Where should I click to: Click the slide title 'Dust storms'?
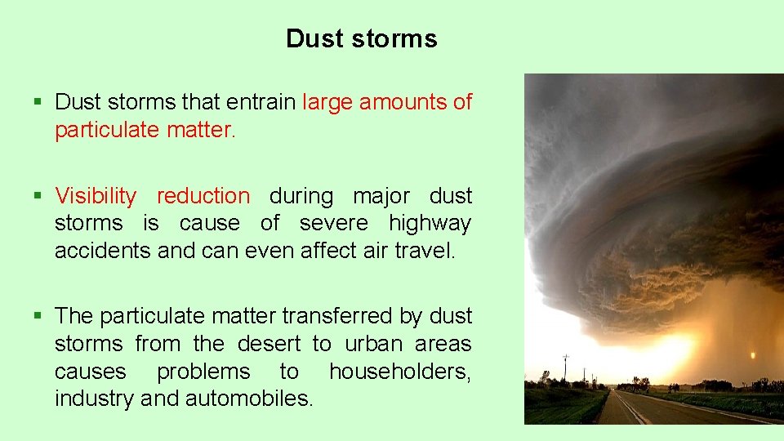pos(361,38)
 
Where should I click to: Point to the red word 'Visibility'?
pos(96,196)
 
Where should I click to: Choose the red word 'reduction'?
pos(203,196)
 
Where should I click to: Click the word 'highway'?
pos(430,223)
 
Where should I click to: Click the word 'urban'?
pos(373,344)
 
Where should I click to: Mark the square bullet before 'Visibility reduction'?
pos(38,197)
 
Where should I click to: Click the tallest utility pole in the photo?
pos(565,367)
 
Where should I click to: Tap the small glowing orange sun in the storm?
pos(751,355)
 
